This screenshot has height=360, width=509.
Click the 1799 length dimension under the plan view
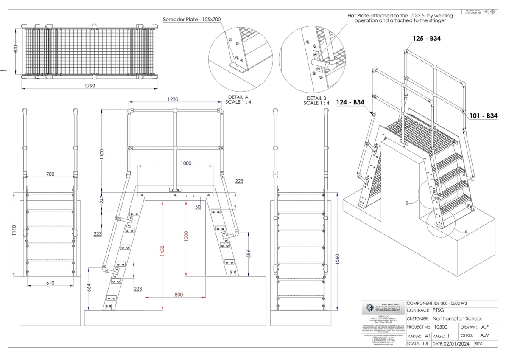89,86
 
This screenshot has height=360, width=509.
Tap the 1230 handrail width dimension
173,99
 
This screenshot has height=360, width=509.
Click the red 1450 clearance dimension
162,252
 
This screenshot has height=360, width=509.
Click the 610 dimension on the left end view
50,283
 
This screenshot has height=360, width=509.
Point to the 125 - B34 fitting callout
426,39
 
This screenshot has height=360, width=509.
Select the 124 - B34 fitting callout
350,102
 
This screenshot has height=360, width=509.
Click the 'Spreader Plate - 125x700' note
192,20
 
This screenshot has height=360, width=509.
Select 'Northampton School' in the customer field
457,318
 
